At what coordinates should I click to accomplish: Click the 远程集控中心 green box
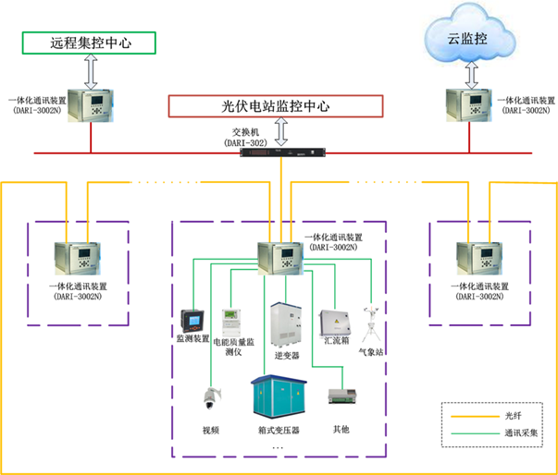[91, 43]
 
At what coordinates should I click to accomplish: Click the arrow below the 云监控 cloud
[471, 72]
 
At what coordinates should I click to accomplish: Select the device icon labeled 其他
[340, 397]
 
